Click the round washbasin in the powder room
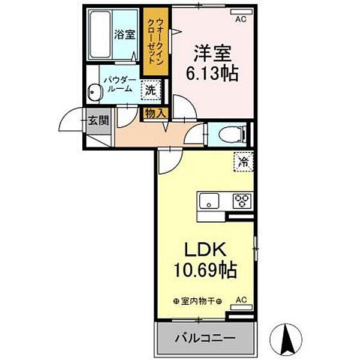tap(94, 92)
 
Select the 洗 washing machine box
tap(149, 91)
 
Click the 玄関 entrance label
tap(99, 120)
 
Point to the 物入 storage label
tap(154, 112)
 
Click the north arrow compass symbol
tap(287, 340)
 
